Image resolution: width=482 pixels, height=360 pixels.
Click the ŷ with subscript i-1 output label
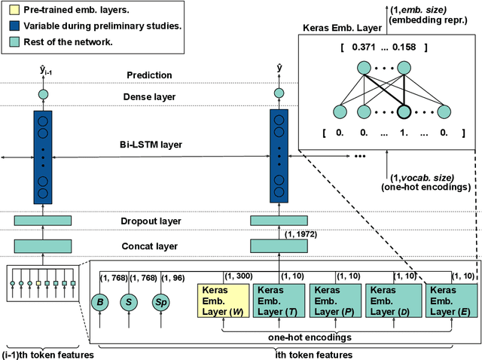tap(44, 72)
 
